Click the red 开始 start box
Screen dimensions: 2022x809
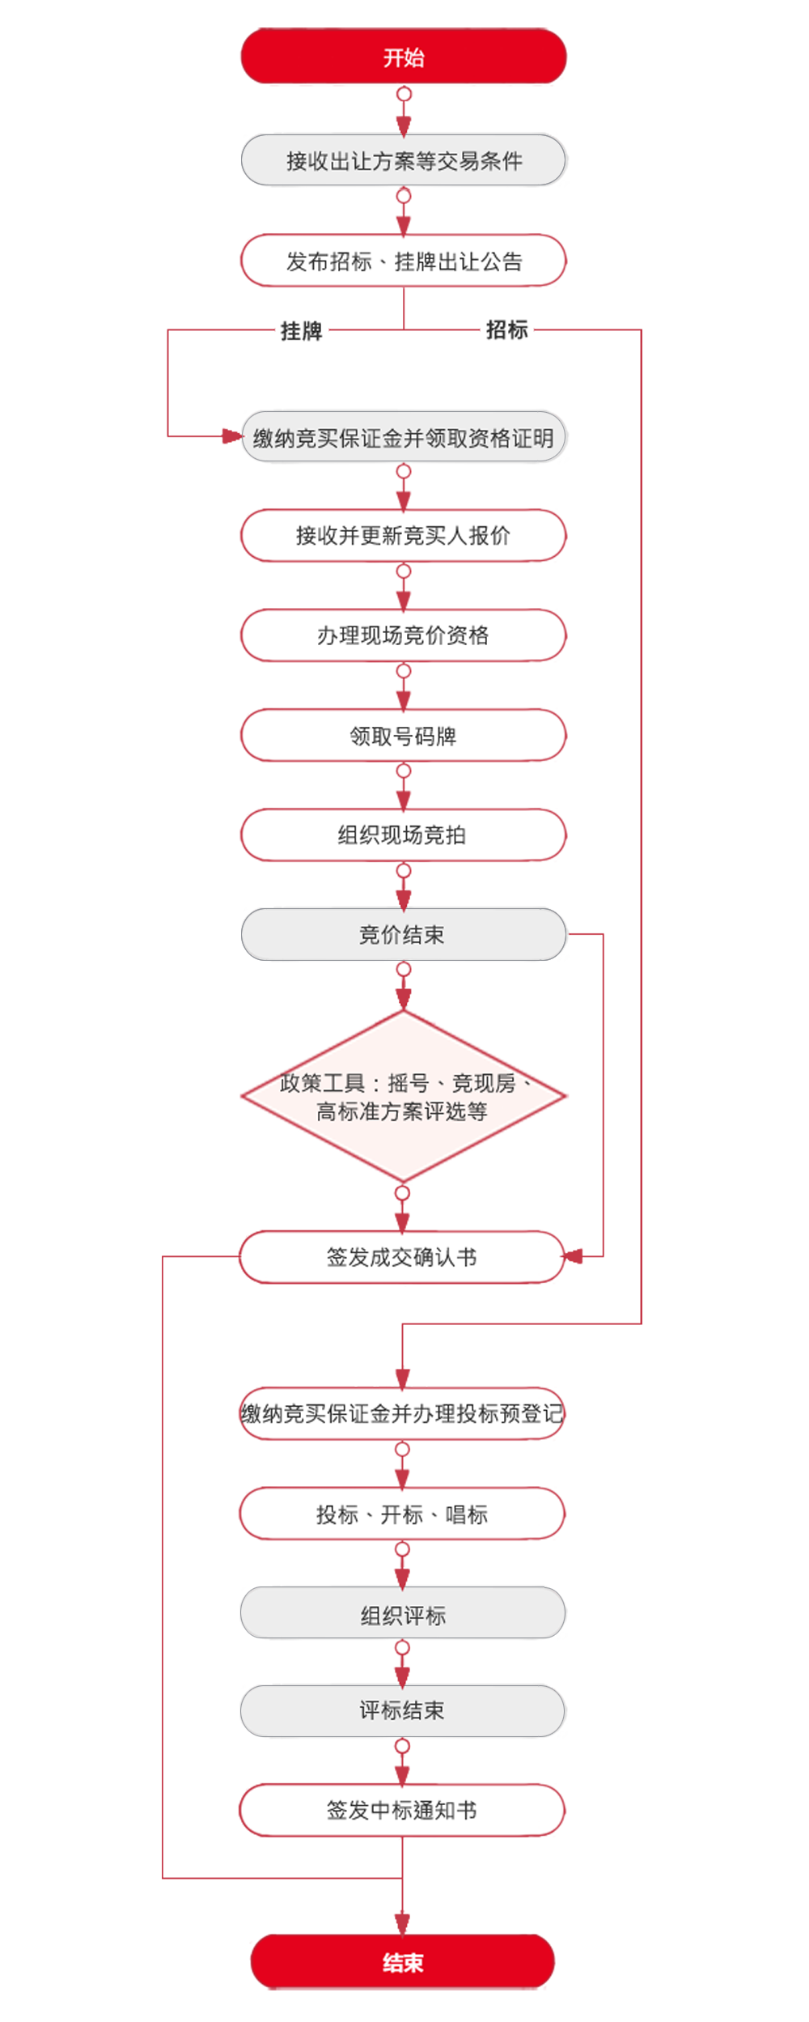click(403, 57)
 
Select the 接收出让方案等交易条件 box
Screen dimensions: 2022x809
click(403, 161)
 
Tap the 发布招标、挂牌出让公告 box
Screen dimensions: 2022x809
click(403, 261)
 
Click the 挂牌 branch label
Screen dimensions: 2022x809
click(301, 331)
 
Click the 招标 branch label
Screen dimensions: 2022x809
click(506, 330)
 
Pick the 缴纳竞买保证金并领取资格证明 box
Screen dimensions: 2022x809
click(403, 438)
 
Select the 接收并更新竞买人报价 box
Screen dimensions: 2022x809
click(403, 535)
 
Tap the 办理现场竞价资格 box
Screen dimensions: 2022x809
click(403, 635)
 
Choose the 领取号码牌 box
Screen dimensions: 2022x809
click(403, 736)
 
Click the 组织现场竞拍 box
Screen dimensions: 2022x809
click(403, 835)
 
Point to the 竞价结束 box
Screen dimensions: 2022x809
click(403, 935)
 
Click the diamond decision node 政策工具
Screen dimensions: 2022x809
click(403, 1097)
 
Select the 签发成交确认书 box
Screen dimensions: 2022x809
click(403, 1257)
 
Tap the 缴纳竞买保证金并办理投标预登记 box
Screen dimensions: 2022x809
click(403, 1414)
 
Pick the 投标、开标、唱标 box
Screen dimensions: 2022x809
click(403, 1514)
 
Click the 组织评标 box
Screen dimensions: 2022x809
click(403, 1616)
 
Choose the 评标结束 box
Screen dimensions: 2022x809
click(403, 1710)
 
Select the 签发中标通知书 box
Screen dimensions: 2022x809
click(403, 1810)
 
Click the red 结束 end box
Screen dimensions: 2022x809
click(403, 1962)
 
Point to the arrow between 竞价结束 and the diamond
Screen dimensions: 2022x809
click(403, 989)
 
